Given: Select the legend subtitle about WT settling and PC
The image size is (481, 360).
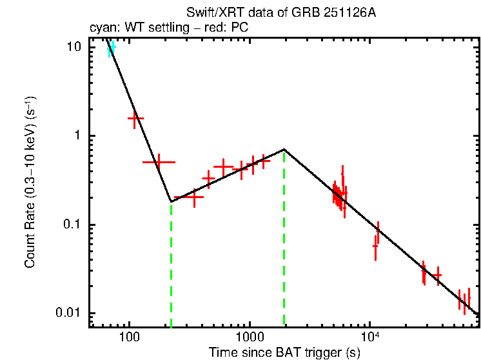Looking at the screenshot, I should [x=168, y=28].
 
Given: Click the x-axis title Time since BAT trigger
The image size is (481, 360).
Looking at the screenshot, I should [x=284, y=352].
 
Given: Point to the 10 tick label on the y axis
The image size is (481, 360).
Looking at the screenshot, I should [x=74, y=47].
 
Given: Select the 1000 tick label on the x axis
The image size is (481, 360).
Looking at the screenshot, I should [x=249, y=337].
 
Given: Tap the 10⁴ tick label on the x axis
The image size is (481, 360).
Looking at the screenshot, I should [x=369, y=336].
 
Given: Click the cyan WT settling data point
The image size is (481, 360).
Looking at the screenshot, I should [x=111, y=49].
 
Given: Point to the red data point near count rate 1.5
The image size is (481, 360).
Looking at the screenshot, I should [x=135, y=119].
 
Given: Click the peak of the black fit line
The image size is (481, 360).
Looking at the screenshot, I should [x=284, y=150].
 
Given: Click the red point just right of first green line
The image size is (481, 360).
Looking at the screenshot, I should [x=193, y=197].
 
